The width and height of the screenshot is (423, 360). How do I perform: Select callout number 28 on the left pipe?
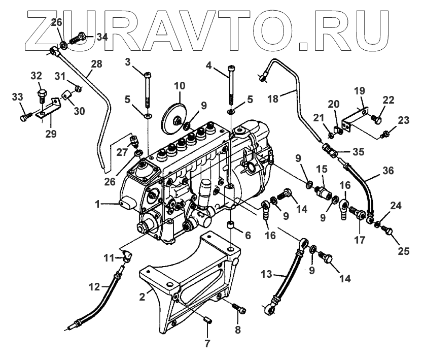[x=96, y=64]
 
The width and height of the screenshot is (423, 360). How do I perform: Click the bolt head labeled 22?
[x=376, y=120]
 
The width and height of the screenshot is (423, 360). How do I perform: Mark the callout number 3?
[x=128, y=62]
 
